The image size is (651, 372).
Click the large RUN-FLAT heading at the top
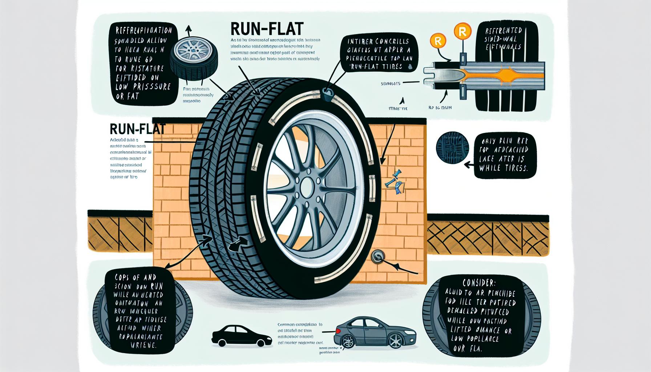coord(267,29)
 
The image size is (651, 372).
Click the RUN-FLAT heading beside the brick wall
coord(137,129)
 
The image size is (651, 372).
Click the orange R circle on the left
coord(438,41)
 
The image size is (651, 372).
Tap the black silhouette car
coord(242,335)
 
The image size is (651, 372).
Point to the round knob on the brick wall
coord(377,256)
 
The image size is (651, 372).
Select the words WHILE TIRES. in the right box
coord(503,168)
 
